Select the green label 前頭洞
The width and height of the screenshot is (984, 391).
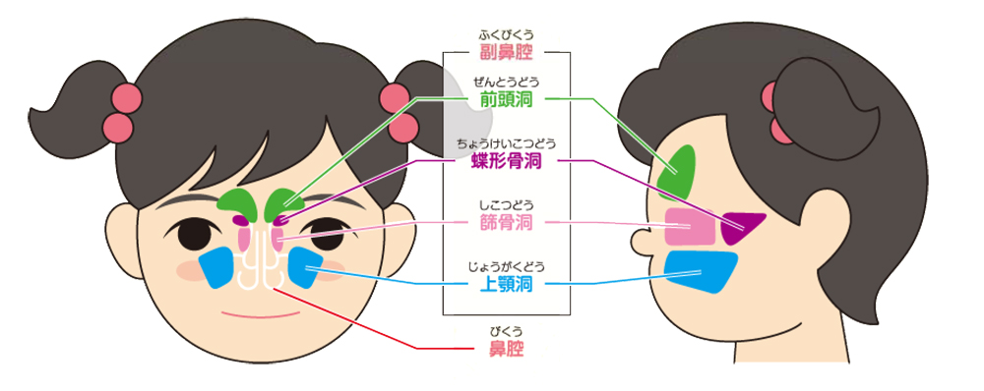pyautogui.click(x=506, y=99)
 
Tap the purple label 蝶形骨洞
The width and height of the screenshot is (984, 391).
pyautogui.click(x=506, y=161)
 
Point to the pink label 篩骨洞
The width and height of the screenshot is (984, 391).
pyautogui.click(x=506, y=223)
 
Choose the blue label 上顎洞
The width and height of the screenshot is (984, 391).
pyautogui.click(x=506, y=285)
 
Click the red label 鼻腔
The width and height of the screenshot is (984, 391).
pyautogui.click(x=506, y=350)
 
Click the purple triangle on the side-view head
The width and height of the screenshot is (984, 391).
pyautogui.click(x=742, y=227)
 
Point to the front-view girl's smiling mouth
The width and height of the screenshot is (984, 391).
pyautogui.click(x=258, y=316)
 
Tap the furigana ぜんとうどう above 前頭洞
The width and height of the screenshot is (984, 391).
pyautogui.click(x=506, y=82)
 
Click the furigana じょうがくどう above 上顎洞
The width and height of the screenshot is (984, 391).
pyautogui.click(x=506, y=266)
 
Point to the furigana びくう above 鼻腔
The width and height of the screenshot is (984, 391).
pyautogui.click(x=506, y=332)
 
